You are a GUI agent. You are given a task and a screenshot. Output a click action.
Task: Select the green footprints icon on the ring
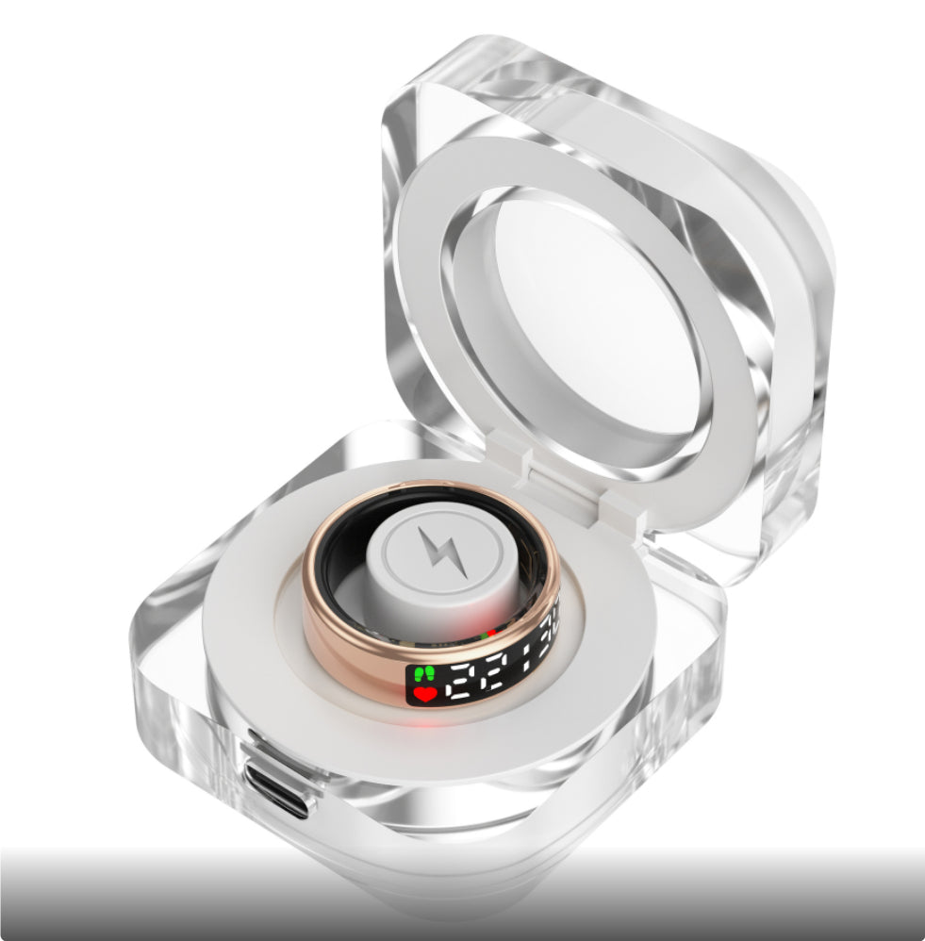(422, 673)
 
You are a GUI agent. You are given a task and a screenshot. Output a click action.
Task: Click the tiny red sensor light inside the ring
(491, 635)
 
